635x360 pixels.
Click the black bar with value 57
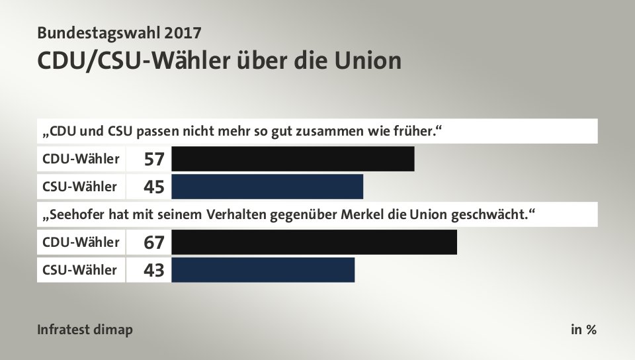tap(292, 159)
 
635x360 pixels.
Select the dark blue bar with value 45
tap(267, 187)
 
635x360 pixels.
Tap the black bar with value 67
tap(314, 242)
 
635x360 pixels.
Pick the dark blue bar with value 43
tap(263, 270)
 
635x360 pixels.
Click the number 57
tap(154, 159)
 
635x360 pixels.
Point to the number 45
tap(154, 187)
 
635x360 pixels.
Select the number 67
tap(154, 243)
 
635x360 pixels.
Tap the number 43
tap(154, 271)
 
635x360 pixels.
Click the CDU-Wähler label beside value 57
tap(81, 159)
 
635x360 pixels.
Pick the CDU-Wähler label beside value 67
tap(81, 242)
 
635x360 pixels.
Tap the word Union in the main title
tap(368, 61)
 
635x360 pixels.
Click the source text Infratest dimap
tap(85, 330)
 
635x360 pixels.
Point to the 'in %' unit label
tap(583, 330)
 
